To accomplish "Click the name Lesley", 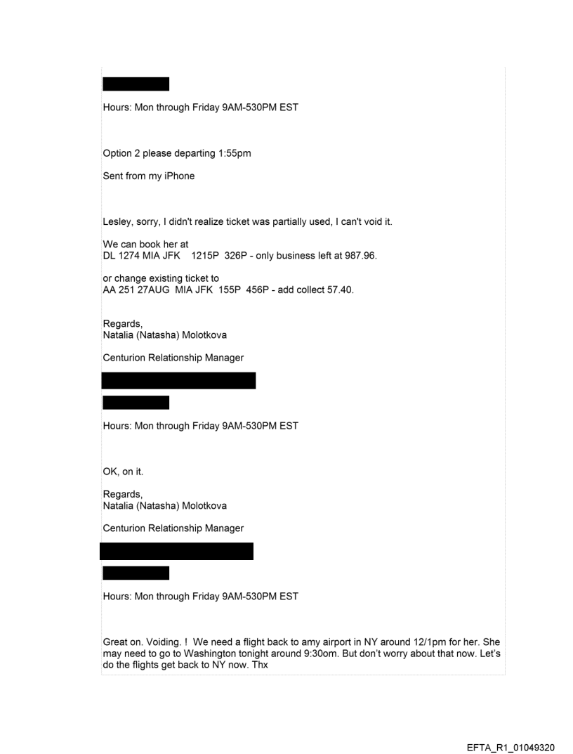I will pyautogui.click(x=118, y=222).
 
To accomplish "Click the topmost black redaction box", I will pyautogui.click(x=136, y=84).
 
